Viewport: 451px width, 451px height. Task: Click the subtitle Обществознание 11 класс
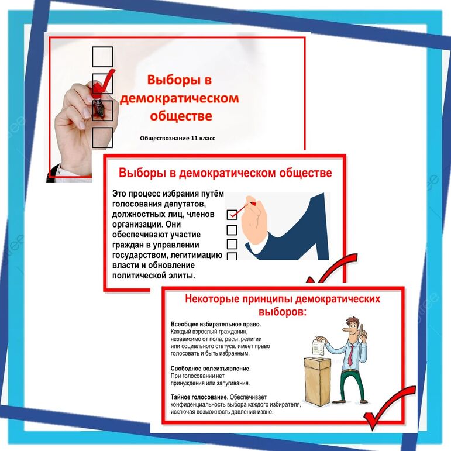[177, 139]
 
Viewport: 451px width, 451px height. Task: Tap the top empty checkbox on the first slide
[102, 57]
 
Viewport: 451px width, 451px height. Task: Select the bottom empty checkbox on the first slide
[102, 137]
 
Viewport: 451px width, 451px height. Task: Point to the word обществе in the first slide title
[181, 116]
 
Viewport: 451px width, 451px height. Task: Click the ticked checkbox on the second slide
[232, 215]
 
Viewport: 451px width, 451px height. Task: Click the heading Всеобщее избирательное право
[216, 325]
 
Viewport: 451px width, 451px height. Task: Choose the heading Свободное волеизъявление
[211, 369]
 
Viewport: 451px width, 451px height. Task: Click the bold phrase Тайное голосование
[199, 397]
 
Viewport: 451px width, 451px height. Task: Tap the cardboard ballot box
[318, 381]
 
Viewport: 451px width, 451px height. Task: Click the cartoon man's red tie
[350, 355]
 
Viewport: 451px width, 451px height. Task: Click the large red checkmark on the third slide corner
[389, 408]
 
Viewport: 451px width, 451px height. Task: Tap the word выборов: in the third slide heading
[283, 312]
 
